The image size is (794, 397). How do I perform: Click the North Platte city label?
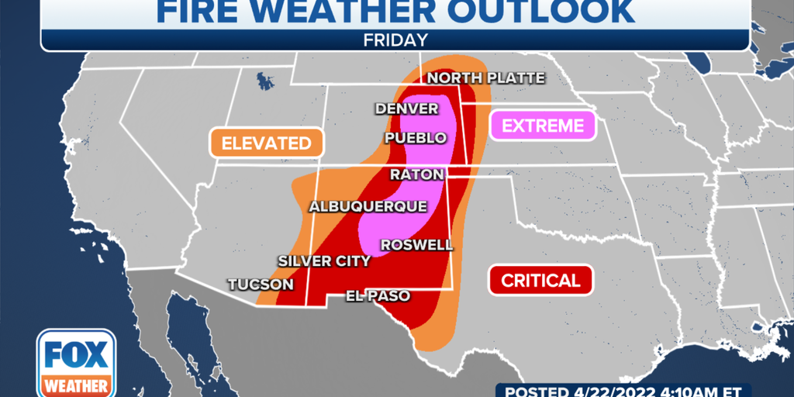[485, 78]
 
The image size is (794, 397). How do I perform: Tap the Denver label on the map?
[407, 109]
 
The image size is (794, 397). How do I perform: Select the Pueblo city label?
[416, 138]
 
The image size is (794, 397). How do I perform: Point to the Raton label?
[416, 174]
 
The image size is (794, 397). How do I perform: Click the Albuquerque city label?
[368, 206]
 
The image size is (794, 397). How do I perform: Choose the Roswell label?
[416, 245]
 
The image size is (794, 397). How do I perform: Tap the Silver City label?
[324, 261]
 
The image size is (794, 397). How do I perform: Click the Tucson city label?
[261, 285]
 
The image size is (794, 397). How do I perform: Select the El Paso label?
[378, 296]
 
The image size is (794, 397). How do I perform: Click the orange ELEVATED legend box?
[266, 143]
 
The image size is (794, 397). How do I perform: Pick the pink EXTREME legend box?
[542, 126]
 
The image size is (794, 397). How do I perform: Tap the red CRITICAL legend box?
[540, 281]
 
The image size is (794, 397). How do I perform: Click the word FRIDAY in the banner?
[395, 40]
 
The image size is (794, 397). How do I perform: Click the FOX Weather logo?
[76, 363]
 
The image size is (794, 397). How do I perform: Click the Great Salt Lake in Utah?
[266, 81]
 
